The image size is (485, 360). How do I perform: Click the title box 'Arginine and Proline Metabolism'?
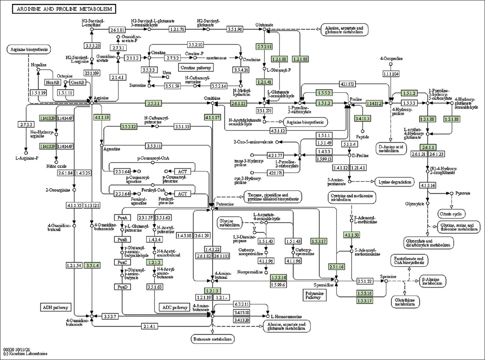(64, 9)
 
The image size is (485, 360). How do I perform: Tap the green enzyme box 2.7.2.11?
(264, 47)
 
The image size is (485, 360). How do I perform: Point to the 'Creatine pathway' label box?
(194, 68)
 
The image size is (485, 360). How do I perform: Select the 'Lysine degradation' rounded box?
(394, 182)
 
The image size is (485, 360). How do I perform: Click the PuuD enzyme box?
(122, 286)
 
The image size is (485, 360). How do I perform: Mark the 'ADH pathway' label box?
(55, 307)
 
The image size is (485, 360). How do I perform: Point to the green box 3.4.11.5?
(362, 118)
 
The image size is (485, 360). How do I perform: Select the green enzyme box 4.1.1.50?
(352, 235)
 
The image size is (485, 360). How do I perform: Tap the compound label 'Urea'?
(167, 72)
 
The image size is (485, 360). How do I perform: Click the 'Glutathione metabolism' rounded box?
(406, 302)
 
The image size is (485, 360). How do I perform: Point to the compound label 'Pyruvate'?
(463, 193)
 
